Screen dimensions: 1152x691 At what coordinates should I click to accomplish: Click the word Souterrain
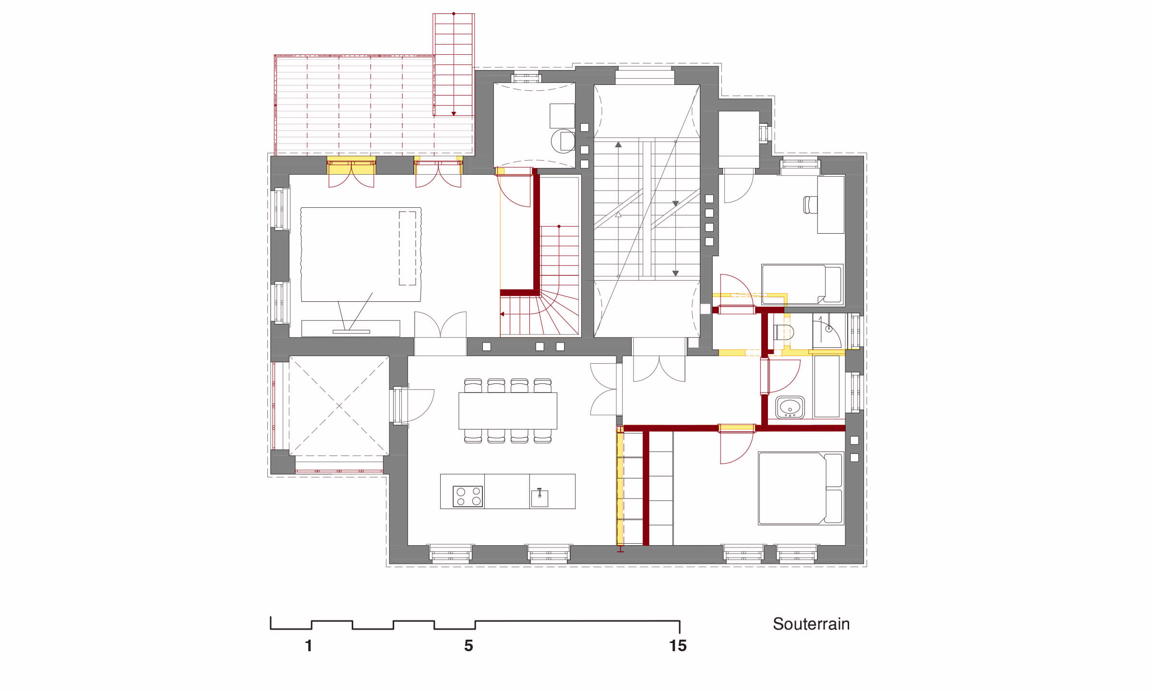(x=811, y=624)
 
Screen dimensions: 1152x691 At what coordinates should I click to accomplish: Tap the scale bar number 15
(x=678, y=646)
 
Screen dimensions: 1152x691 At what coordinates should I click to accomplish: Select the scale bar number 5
(x=468, y=646)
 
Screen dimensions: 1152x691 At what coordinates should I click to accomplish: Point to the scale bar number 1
(x=309, y=646)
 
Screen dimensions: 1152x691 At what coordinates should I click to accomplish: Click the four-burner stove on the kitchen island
(x=468, y=496)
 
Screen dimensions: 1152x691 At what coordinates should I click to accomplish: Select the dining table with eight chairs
(x=508, y=411)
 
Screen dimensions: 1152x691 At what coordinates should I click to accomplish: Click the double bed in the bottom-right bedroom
(x=801, y=488)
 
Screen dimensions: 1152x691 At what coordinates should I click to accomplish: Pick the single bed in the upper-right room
(x=802, y=285)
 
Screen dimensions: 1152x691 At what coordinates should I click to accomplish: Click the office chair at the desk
(x=810, y=205)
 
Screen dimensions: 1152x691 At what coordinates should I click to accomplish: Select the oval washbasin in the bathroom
(x=790, y=407)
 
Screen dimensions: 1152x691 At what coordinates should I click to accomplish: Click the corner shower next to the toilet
(x=827, y=331)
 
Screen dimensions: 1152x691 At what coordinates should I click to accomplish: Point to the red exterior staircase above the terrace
(x=454, y=65)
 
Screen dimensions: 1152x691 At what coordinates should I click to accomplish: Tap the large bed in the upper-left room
(x=361, y=254)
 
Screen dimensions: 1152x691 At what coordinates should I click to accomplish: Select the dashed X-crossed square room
(x=339, y=406)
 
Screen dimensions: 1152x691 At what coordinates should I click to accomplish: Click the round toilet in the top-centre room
(x=563, y=141)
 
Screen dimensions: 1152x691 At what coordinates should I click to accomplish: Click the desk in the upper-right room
(x=831, y=205)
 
